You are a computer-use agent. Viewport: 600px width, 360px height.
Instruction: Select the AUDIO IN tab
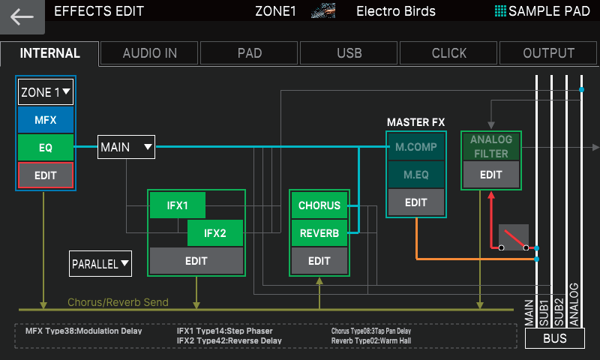[150, 53]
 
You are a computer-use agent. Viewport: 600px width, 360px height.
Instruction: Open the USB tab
[349, 53]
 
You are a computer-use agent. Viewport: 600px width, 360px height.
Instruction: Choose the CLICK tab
[448, 53]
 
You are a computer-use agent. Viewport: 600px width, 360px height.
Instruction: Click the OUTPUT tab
[549, 53]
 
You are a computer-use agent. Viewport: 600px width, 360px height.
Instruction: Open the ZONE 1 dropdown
[46, 92]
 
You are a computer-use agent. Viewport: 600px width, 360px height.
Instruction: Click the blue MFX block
[45, 119]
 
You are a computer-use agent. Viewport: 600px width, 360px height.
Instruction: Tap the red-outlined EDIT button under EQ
[45, 175]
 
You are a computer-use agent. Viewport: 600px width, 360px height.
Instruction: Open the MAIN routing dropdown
[126, 147]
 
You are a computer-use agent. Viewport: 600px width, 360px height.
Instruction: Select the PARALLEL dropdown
[100, 263]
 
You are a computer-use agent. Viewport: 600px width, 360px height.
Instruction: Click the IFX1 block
[177, 205]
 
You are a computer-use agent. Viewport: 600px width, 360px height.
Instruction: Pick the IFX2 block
[214, 233]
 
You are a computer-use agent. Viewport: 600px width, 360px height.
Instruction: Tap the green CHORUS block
[319, 205]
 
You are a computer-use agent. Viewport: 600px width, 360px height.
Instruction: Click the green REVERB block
[319, 233]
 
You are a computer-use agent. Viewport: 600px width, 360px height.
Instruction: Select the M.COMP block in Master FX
[415, 146]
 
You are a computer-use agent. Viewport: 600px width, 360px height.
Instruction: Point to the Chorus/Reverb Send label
[118, 302]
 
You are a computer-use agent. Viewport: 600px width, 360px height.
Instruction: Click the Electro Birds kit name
[395, 11]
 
